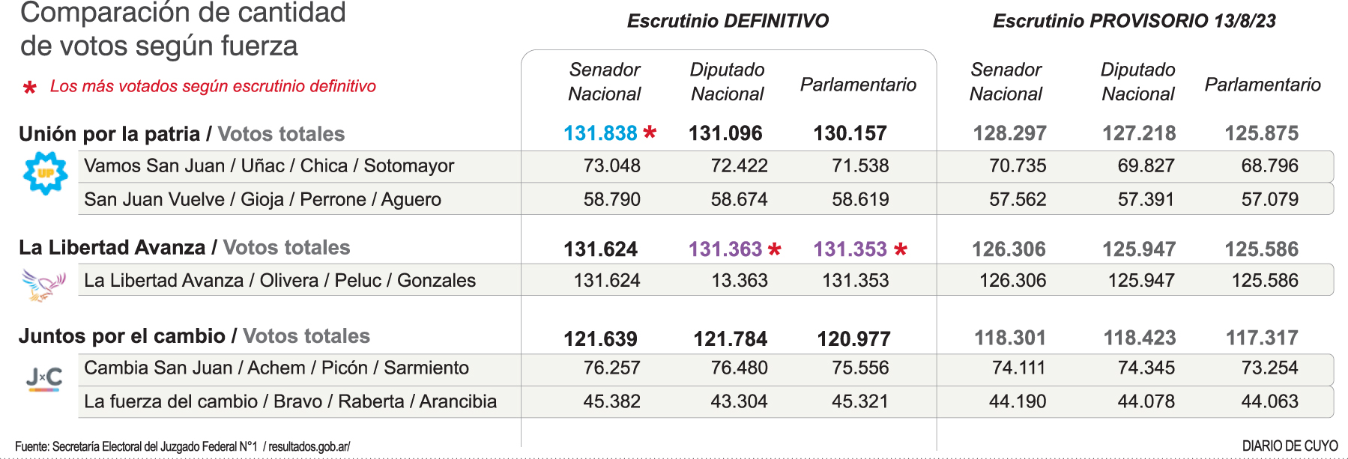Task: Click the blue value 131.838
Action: (600, 133)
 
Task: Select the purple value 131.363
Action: (725, 249)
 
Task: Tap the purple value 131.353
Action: (850, 249)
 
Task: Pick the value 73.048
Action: (611, 166)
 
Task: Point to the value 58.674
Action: (739, 200)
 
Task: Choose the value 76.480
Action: (739, 368)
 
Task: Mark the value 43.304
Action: (739, 402)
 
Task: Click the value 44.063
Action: (1269, 402)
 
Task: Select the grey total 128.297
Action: (1009, 133)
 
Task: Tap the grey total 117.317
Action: (1262, 338)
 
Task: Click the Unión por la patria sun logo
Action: (46, 173)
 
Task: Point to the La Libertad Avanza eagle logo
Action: (43, 285)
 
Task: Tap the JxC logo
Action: (44, 379)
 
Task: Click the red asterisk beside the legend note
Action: (30, 88)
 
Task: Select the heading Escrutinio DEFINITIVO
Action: (728, 21)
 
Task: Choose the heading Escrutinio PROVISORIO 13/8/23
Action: (1134, 21)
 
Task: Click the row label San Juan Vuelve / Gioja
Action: (262, 200)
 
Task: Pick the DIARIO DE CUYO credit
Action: (1290, 446)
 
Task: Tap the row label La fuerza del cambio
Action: (290, 402)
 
